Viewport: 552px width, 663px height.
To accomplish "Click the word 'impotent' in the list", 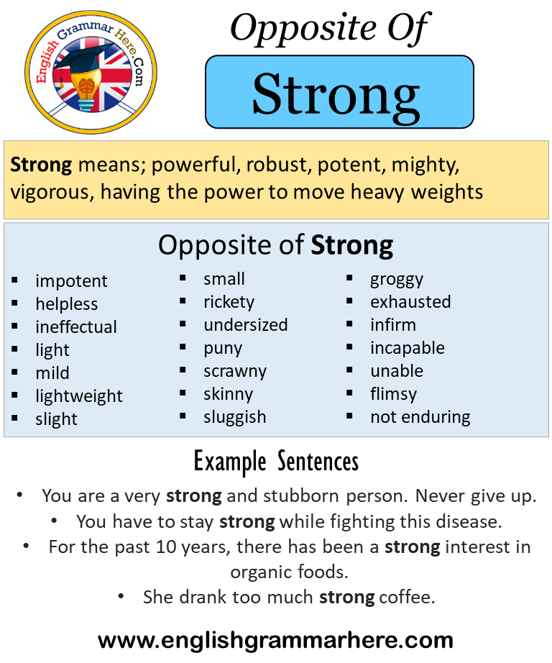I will pos(71,281).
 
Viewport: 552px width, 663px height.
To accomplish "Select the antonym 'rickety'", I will pos(229,302).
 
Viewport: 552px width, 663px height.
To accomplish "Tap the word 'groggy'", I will pos(397,280).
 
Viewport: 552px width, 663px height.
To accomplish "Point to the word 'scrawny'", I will pos(235,372).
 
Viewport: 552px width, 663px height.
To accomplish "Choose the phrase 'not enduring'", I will pos(420,417).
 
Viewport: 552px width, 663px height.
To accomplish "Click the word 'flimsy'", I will pos(393,394).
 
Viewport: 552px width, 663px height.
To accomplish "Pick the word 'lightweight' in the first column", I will pos(79,396).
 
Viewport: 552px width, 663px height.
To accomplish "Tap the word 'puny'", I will pos(223,349).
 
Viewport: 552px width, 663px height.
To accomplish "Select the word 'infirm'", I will pos(393,325).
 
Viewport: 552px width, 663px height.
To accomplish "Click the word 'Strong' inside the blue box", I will pos(336,94).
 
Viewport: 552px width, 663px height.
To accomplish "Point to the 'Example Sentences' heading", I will pos(276,461).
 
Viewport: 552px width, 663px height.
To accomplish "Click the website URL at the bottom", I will pos(276,639).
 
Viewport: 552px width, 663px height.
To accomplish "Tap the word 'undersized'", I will pos(245,325).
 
